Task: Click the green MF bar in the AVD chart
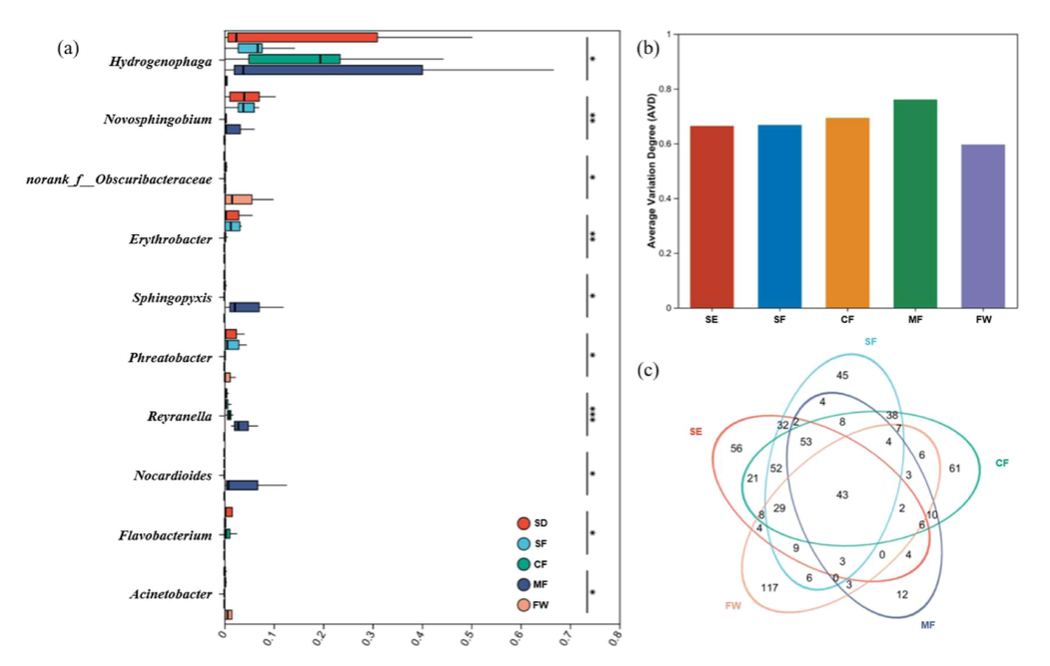[x=914, y=204]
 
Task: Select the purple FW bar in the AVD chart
[x=982, y=226]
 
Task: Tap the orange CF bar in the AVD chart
[x=847, y=213]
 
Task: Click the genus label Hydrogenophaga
[x=161, y=62]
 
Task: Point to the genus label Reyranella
[x=180, y=417]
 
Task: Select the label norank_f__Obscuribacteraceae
[x=119, y=179]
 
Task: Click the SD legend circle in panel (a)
[x=524, y=523]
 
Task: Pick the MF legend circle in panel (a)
[x=524, y=584]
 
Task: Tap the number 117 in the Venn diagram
[x=770, y=588]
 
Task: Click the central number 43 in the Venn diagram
[x=841, y=495]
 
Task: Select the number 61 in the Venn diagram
[x=954, y=468]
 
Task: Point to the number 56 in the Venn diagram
[x=736, y=448]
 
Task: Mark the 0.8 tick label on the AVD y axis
[x=668, y=89]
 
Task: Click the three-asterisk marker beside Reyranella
[x=593, y=415]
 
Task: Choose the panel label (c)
[x=648, y=370]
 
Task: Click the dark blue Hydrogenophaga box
[x=328, y=70]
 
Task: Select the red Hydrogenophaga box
[x=302, y=38]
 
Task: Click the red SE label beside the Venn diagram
[x=696, y=432]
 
